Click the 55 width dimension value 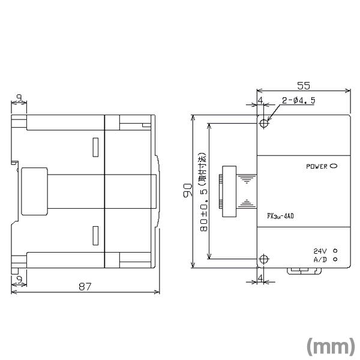(304, 86)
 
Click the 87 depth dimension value (85, 287)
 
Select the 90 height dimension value (188, 190)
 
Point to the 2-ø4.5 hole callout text (298, 101)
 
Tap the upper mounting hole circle (264, 124)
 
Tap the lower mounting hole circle (264, 259)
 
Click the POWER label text (317, 166)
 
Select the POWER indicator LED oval (334, 166)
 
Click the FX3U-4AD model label (280, 216)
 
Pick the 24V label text (320, 251)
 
